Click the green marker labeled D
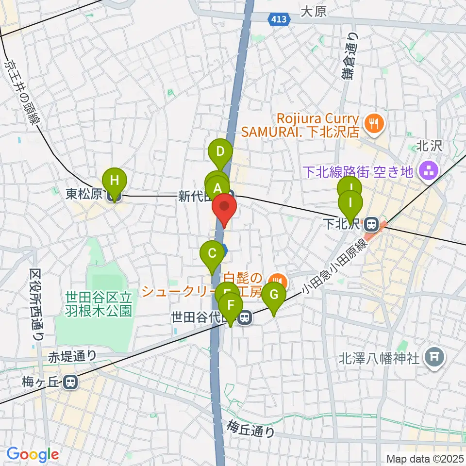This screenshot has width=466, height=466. coord(220,152)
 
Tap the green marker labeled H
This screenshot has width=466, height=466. coord(114,181)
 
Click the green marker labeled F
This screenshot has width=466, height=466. coord(231,306)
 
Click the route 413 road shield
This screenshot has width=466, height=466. coord(279,19)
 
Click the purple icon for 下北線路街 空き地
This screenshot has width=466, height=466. coord(429,170)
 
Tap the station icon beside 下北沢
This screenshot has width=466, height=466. coord(372,225)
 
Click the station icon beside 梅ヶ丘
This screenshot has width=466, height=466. coord(71,383)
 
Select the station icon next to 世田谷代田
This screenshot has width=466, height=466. coord(245,318)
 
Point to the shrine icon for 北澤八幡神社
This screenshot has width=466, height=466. coord(434,358)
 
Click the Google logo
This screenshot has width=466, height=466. coord(33,455)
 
